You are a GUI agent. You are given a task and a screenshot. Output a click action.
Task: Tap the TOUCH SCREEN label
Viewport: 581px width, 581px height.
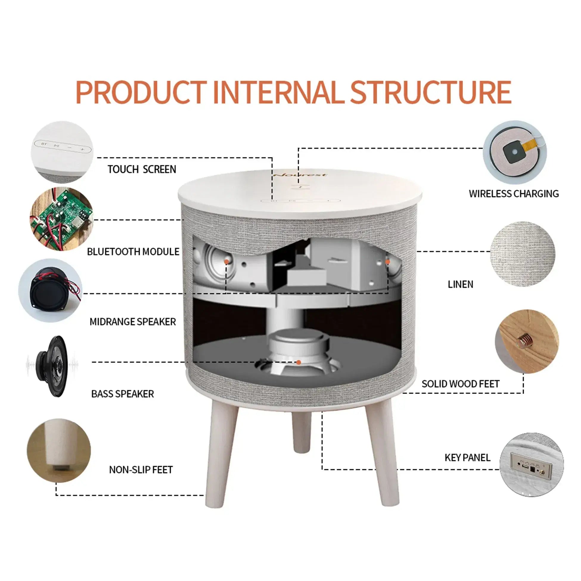[142, 169]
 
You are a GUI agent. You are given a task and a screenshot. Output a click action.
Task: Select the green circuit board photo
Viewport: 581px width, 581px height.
[62, 219]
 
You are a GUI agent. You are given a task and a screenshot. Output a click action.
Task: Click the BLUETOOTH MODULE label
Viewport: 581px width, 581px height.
[133, 252]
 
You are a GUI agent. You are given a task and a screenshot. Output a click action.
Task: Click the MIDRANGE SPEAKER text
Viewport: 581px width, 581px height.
[133, 322]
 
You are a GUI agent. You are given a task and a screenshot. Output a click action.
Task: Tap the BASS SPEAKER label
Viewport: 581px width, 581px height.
[122, 394]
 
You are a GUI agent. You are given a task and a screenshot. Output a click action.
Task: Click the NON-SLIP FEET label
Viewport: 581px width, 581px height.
[141, 470]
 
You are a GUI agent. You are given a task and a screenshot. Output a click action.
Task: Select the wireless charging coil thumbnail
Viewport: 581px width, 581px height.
[515, 153]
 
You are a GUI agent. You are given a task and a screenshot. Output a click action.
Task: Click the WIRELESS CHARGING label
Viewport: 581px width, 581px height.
[514, 194]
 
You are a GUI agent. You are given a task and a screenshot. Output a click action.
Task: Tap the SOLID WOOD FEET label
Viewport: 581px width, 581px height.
[460, 384]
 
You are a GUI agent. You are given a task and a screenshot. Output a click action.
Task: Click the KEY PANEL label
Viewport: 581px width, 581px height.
[467, 458]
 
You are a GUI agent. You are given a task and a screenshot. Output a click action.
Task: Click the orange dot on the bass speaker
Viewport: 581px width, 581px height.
[299, 362]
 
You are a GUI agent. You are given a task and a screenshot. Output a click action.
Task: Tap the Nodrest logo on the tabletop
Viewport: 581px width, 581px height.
[300, 175]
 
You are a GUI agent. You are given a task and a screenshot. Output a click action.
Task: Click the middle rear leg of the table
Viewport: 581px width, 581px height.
[301, 433]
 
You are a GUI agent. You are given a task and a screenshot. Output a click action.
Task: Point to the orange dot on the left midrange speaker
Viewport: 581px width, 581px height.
[226, 262]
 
